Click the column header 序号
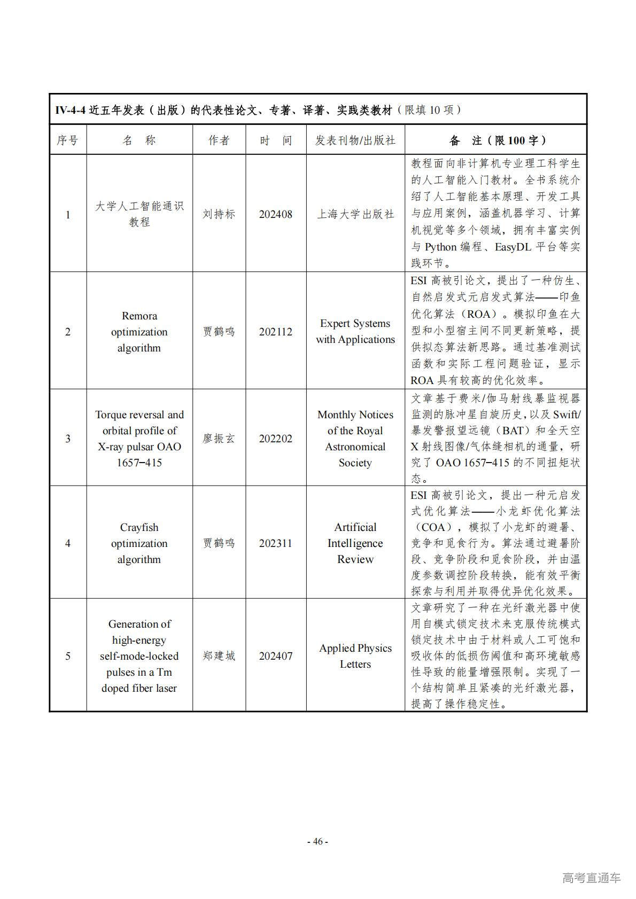67,140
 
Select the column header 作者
219,140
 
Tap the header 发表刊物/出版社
355,140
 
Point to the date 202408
275,214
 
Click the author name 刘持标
219,214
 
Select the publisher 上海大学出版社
355,214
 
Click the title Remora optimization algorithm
139,332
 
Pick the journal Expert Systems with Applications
355,331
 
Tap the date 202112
275,332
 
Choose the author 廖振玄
219,439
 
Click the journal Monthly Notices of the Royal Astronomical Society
355,439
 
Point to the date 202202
275,439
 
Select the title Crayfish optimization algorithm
139,543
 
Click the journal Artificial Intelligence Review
355,543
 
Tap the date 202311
275,543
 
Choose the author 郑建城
219,656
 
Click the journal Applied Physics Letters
355,656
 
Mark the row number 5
67,656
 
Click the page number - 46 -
317,841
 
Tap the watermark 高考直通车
591,877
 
